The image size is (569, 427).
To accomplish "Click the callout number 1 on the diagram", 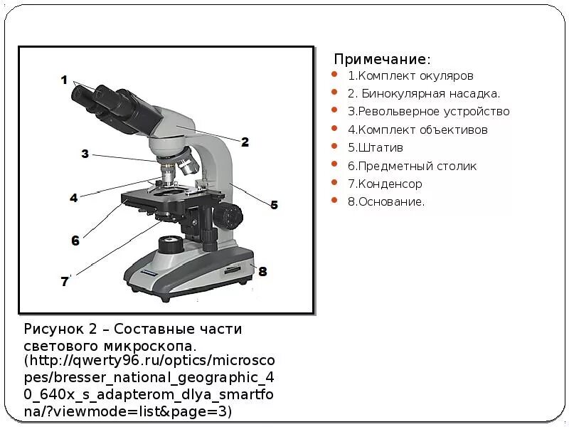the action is coord(63,80).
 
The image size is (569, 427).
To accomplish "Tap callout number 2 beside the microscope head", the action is coord(245,142).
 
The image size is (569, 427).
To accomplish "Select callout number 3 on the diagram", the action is coord(85,154).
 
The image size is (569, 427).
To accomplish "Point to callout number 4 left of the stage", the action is coord(73,198).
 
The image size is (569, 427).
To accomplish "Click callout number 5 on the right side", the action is coord(274,205).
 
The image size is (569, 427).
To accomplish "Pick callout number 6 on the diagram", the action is coord(75,241).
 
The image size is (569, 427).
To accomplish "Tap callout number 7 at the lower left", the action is coord(65,282).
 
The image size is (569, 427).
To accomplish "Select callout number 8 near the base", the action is coord(262,271).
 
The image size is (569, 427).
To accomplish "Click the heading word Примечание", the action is coord(382,58).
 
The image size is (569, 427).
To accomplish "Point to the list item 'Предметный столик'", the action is coord(412,166).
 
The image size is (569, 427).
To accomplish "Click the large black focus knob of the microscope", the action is coord(231,213).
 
